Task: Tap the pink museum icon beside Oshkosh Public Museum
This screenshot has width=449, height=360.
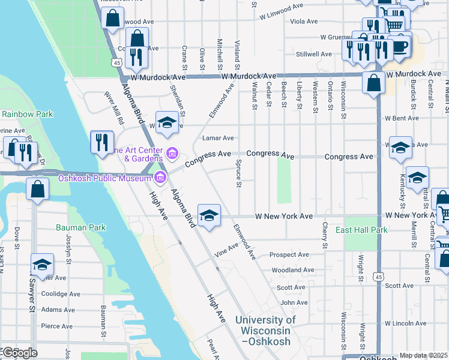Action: tap(160, 177)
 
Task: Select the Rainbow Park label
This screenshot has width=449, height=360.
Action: tap(27, 114)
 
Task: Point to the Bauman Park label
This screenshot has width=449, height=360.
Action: tap(80, 227)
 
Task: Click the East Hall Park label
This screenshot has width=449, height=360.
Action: tap(361, 230)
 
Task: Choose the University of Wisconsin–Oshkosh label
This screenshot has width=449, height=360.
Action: tap(265, 331)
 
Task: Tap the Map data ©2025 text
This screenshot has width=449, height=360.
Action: tap(423, 355)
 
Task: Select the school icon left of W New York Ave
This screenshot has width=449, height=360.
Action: tap(208, 215)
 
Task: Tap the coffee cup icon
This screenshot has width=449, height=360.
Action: tap(400, 46)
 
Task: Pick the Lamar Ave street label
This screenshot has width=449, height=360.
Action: tap(217, 138)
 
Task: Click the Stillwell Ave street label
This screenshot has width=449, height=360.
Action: tap(314, 54)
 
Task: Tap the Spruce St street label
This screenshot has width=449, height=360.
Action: tap(238, 173)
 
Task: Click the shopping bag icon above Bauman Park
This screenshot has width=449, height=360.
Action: tap(37, 189)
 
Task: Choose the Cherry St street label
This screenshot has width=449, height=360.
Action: tap(324, 235)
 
